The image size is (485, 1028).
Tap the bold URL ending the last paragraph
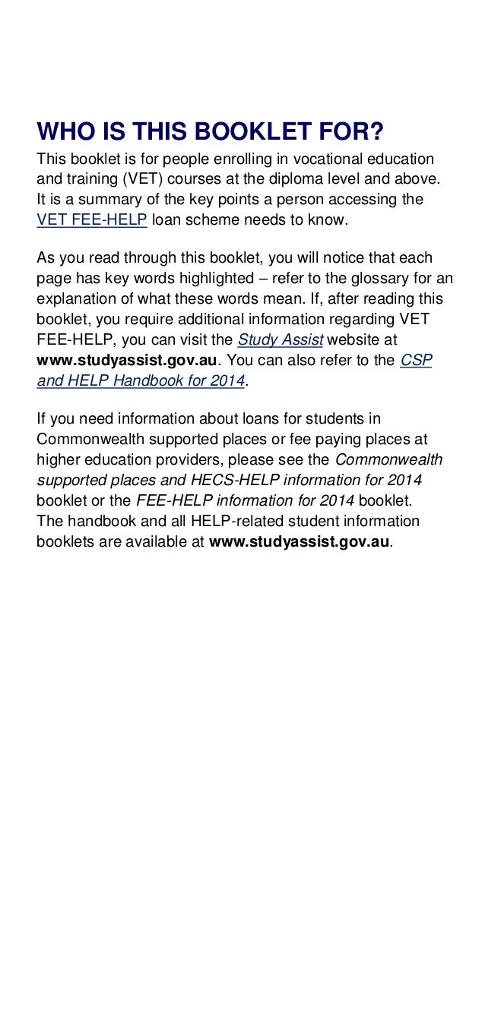click(x=300, y=542)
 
